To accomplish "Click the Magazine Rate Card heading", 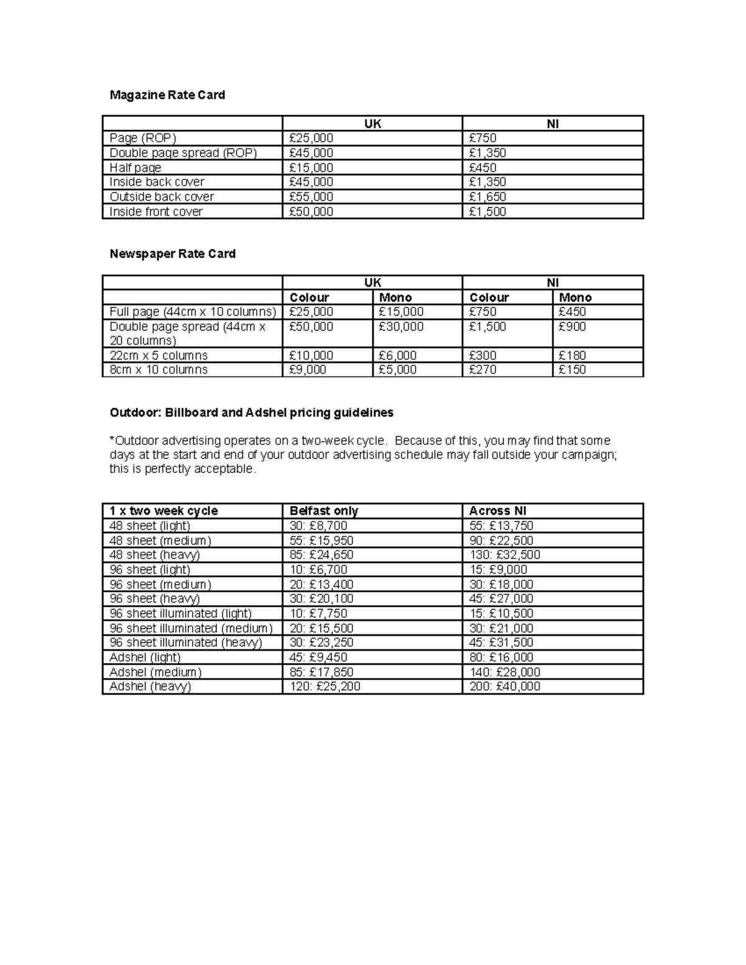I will (x=167, y=95).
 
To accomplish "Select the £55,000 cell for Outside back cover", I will (x=311, y=197).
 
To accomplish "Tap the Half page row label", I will (x=135, y=168).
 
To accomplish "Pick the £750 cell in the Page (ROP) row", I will (x=483, y=139).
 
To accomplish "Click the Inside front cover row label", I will (x=156, y=212).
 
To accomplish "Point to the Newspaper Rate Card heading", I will (x=172, y=254).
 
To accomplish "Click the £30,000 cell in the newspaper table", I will (x=401, y=327).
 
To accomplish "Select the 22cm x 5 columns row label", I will (x=159, y=355).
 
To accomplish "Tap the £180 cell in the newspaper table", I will (x=573, y=355).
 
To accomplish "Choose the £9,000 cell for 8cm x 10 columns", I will (x=308, y=370).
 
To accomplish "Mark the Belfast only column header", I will (x=324, y=511).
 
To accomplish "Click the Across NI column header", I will (x=498, y=511).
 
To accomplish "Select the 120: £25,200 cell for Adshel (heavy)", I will (x=325, y=687).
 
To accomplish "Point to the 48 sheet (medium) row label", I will (x=160, y=541).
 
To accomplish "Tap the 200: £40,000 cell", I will (x=505, y=687).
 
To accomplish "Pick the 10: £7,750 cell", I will (x=318, y=613).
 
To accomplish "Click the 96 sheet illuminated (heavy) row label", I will (x=186, y=643).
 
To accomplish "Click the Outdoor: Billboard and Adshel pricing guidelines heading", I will (x=251, y=413).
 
